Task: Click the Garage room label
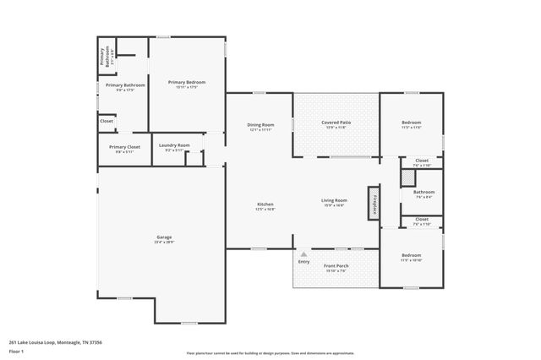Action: pos(163,237)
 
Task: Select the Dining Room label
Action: pos(260,124)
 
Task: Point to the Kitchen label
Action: pos(265,204)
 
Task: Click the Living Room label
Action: pos(334,200)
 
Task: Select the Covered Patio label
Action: pos(336,123)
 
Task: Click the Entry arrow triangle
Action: pos(303,253)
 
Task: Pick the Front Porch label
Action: pos(336,266)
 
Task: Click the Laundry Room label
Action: pos(175,145)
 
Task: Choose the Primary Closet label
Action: pos(124,147)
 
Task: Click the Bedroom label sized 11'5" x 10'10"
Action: pos(411,255)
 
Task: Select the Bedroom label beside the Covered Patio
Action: pos(411,123)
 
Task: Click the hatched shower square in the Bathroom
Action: pos(407,177)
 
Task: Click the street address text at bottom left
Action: pos(56,342)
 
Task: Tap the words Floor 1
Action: pos(18,352)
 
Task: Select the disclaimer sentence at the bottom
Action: pos(270,352)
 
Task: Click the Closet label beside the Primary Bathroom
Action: pos(107,121)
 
